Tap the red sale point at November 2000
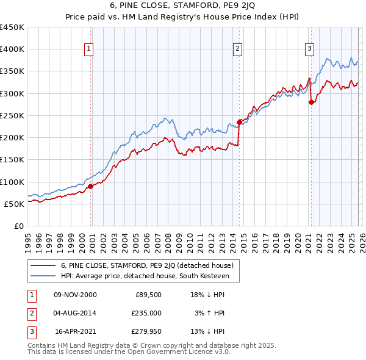(x=91, y=186)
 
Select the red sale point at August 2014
(x=239, y=122)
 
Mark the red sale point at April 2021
(x=312, y=103)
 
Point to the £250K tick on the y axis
(x=12, y=115)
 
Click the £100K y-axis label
(x=12, y=182)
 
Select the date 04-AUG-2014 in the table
(x=76, y=313)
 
